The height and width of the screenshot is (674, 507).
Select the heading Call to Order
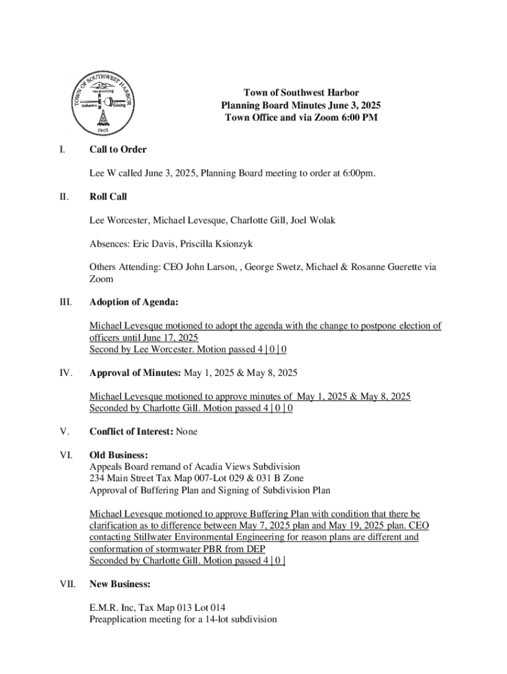pyautogui.click(x=118, y=149)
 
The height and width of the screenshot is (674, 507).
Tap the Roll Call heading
pyautogui.click(x=109, y=196)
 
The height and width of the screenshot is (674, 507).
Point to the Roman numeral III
pyautogui.click(x=65, y=302)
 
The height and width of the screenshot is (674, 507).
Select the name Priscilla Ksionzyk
pyautogui.click(x=215, y=244)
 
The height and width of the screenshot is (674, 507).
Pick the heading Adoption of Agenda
pyautogui.click(x=134, y=302)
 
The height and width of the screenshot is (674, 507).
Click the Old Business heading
pyautogui.click(x=119, y=455)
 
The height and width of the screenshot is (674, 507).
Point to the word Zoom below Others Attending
pyautogui.click(x=101, y=279)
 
